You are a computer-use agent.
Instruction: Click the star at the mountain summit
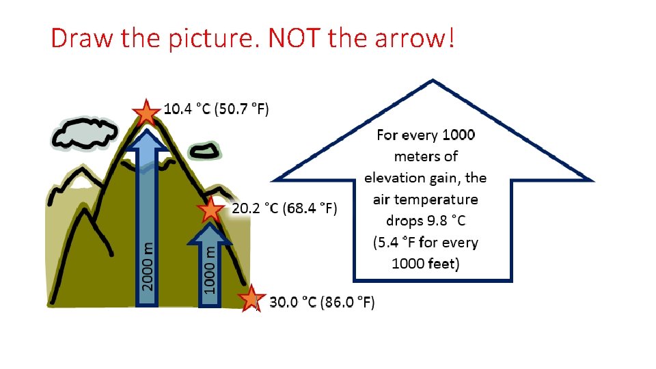click(x=146, y=111)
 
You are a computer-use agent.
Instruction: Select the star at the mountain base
click(x=251, y=299)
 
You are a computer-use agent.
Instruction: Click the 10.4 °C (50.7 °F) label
click(x=217, y=109)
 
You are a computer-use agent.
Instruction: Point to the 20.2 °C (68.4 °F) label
click(x=284, y=208)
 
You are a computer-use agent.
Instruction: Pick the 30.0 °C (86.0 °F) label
click(x=322, y=302)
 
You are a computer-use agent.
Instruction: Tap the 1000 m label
click(x=211, y=271)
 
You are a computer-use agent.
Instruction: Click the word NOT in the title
click(x=295, y=39)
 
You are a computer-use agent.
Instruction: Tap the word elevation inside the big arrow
click(x=394, y=178)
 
